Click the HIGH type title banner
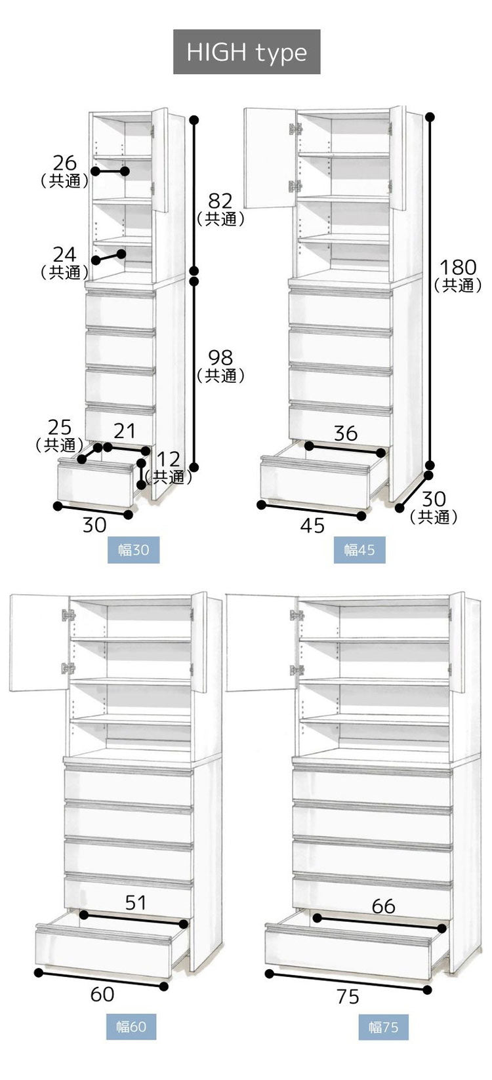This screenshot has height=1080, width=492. (247, 52)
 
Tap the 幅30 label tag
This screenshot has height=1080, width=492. (133, 550)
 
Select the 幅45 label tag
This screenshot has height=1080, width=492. (359, 550)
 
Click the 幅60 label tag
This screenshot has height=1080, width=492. (131, 1026)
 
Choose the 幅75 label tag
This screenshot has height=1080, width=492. (383, 1026)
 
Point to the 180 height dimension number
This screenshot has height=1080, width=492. (457, 268)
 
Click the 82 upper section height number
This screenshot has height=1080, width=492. (220, 201)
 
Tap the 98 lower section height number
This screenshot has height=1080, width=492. (220, 357)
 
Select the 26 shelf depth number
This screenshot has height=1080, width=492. (65, 163)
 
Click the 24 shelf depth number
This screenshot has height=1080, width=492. (65, 254)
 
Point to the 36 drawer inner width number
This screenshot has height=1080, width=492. (345, 433)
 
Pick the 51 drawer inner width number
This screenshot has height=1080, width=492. (136, 902)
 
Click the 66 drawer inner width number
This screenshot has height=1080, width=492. (383, 906)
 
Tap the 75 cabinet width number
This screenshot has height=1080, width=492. (348, 997)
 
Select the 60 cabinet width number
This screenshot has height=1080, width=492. (102, 994)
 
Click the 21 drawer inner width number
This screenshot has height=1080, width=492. (125, 431)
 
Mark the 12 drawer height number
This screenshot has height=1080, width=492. (168, 459)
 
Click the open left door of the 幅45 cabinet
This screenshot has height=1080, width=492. (269, 157)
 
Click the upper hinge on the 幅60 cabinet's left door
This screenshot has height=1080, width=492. (68, 615)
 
